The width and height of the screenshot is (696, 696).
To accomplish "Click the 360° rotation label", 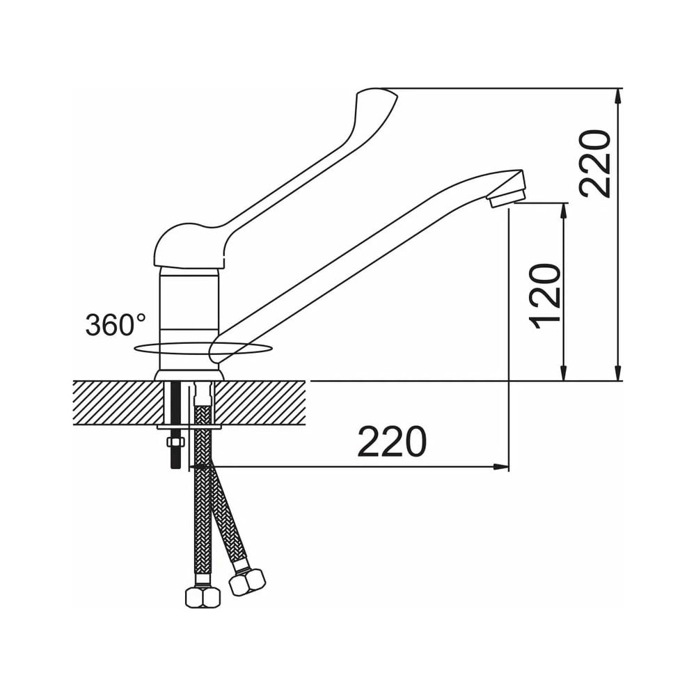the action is point(115,324).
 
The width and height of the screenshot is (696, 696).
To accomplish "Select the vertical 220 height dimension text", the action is point(595,163).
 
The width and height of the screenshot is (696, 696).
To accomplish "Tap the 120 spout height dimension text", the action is point(545,296).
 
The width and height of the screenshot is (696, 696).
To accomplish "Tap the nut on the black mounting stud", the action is point(175,442).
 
